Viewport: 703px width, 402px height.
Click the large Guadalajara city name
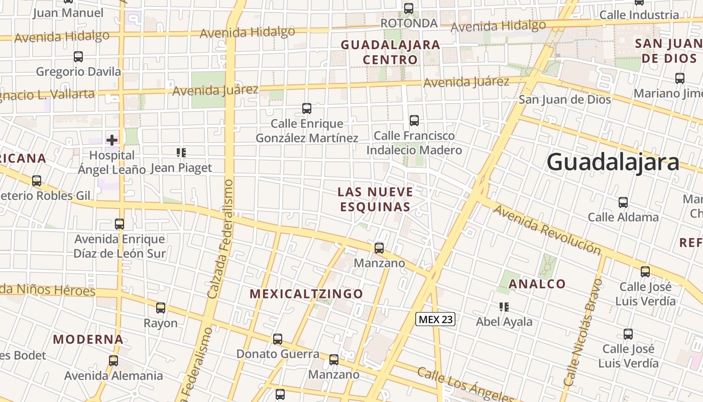click(613, 162)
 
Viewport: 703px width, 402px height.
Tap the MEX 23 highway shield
click(435, 319)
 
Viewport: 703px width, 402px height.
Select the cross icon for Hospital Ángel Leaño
click(112, 140)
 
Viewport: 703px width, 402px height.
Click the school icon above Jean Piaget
click(181, 152)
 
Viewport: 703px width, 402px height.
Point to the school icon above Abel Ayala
click(504, 307)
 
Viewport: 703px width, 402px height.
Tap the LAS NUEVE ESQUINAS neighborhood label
click(375, 199)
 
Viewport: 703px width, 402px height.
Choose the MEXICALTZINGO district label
click(306, 294)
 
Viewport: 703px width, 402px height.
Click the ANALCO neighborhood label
click(537, 284)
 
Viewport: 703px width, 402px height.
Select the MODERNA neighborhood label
click(88, 339)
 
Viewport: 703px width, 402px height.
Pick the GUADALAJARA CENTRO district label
click(390, 52)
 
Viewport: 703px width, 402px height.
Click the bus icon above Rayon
click(161, 308)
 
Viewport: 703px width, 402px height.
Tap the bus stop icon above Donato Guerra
click(278, 339)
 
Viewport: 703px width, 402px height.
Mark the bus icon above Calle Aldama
click(623, 203)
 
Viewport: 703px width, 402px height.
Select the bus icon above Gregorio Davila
click(78, 56)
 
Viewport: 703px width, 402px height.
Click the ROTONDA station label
click(409, 23)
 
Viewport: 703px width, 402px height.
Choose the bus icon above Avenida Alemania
click(113, 360)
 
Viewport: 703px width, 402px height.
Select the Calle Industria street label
click(639, 15)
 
